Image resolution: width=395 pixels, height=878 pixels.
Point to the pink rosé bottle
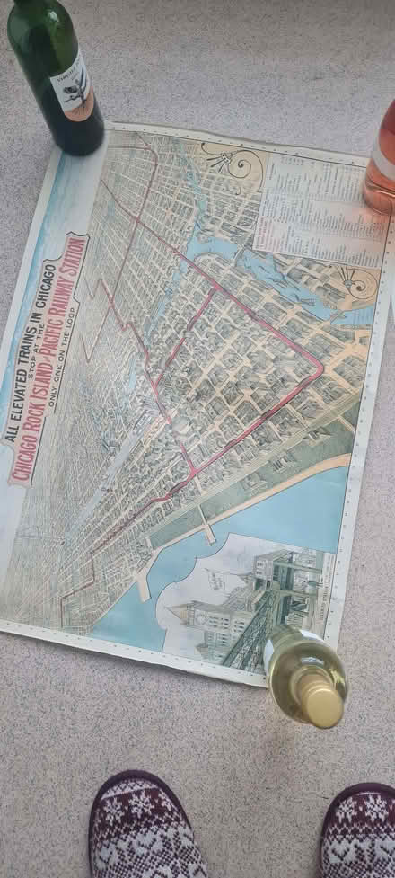pyautogui.click(x=382, y=162)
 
